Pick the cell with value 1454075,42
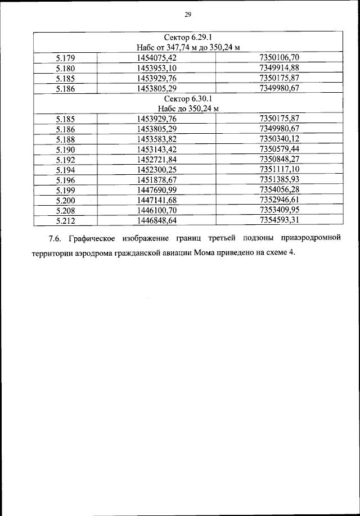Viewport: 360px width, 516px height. pyautogui.click(x=157, y=58)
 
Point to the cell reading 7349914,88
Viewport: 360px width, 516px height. pyautogui.click(x=280, y=68)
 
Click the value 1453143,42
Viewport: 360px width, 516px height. pyautogui.click(x=157, y=149)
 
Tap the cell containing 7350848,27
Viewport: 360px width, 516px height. pyautogui.click(x=280, y=159)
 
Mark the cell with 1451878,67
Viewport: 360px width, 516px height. pyautogui.click(x=157, y=179)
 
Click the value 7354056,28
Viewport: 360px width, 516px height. pyautogui.click(x=280, y=189)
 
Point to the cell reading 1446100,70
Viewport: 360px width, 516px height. pyautogui.click(x=157, y=210)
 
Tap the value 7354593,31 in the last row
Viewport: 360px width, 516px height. pyautogui.click(x=280, y=220)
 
